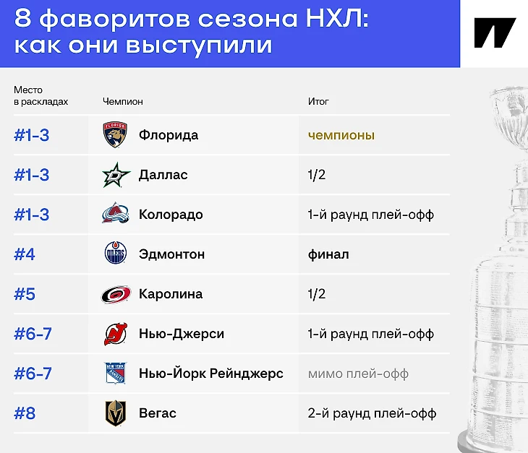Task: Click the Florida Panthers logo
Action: (115, 134)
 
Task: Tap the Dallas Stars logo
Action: (116, 175)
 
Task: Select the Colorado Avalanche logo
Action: (116, 214)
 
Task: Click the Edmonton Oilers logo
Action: (116, 252)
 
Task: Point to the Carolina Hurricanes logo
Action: (116, 294)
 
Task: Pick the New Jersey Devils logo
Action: (116, 334)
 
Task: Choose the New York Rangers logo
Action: (115, 373)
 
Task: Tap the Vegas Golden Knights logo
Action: (116, 413)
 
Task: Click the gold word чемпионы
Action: (341, 135)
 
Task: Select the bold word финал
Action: (328, 254)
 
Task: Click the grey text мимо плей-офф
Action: (358, 374)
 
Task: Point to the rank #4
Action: (25, 254)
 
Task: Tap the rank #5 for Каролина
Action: (25, 294)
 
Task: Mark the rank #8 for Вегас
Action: (25, 413)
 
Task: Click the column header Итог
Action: (318, 101)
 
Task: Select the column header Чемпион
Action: (122, 101)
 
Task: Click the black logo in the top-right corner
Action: (495, 33)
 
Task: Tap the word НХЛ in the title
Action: (337, 18)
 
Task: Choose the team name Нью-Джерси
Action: (182, 334)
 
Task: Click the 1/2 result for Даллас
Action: (317, 175)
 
